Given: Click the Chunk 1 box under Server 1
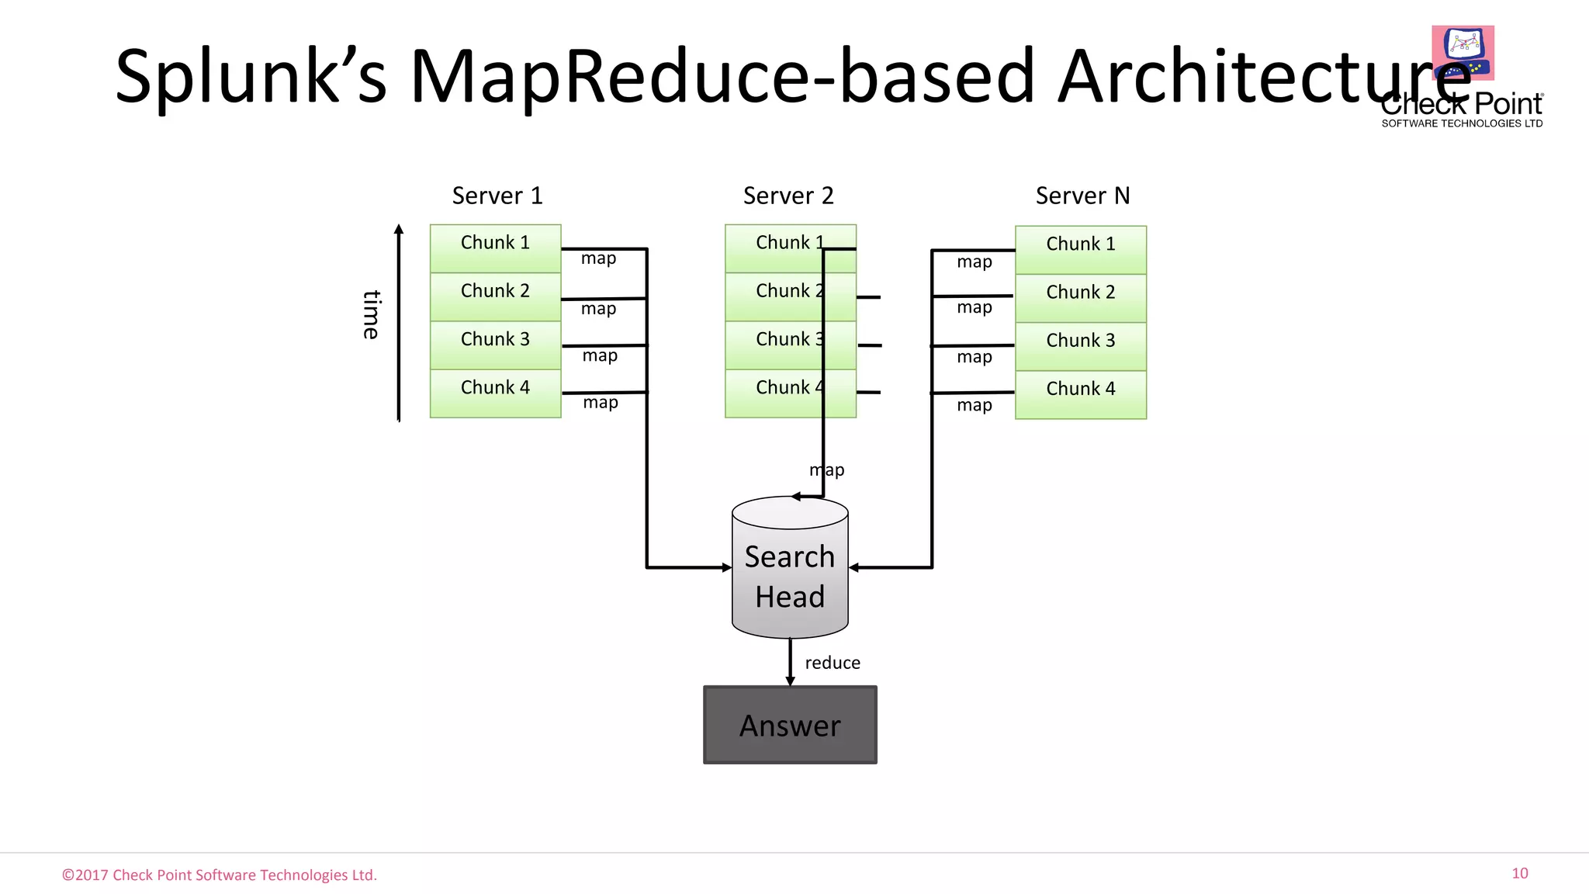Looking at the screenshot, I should [x=495, y=248].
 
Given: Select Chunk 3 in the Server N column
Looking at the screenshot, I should [x=1080, y=346].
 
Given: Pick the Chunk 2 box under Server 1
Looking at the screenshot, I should [x=495, y=296].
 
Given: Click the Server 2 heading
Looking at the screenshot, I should [x=788, y=196].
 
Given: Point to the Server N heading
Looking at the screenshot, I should [x=1082, y=196].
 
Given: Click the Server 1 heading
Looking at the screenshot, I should [x=497, y=196].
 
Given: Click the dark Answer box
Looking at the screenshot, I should [x=790, y=725].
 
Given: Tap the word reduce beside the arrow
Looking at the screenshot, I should [x=833, y=663].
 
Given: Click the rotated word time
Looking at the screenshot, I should [x=372, y=314].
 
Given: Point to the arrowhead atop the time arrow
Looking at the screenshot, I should [x=399, y=229].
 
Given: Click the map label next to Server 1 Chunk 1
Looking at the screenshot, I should [x=598, y=258].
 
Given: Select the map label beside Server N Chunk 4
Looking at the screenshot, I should [x=974, y=405].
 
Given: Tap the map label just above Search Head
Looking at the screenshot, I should [x=827, y=470].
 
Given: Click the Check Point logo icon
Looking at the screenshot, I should [x=1463, y=53].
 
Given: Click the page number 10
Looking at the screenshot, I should [x=1519, y=873].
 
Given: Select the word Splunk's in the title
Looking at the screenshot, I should [x=251, y=76].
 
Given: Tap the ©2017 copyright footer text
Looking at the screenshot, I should [x=220, y=875].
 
